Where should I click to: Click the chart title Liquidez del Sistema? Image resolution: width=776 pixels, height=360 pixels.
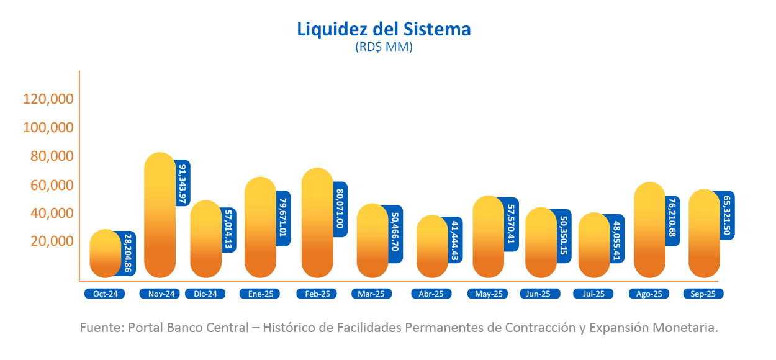384,29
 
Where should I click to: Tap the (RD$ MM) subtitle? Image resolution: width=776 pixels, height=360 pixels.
384,47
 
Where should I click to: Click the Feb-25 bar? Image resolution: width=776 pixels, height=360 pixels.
317,223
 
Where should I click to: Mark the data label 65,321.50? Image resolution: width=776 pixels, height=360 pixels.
727,215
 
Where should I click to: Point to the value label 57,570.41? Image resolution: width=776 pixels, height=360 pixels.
511,224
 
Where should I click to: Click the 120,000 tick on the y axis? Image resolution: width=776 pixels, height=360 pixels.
48,99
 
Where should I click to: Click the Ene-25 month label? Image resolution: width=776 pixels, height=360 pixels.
259,294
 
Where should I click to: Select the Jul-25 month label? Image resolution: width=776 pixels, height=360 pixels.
593,294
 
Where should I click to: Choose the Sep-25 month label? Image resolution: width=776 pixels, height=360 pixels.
703,294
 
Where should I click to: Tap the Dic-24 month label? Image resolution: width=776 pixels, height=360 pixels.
205,294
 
